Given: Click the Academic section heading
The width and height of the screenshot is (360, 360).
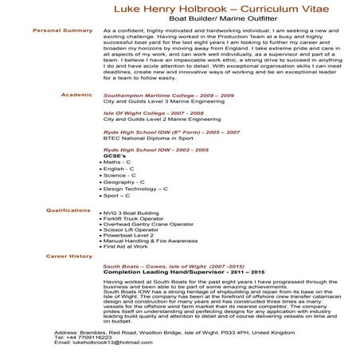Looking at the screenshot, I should pyautogui.click(x=77, y=94).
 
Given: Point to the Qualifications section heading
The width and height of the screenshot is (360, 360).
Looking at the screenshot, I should pyautogui.click(x=69, y=210).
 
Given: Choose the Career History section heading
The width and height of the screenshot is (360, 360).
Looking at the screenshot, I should pyautogui.click(x=69, y=256).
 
